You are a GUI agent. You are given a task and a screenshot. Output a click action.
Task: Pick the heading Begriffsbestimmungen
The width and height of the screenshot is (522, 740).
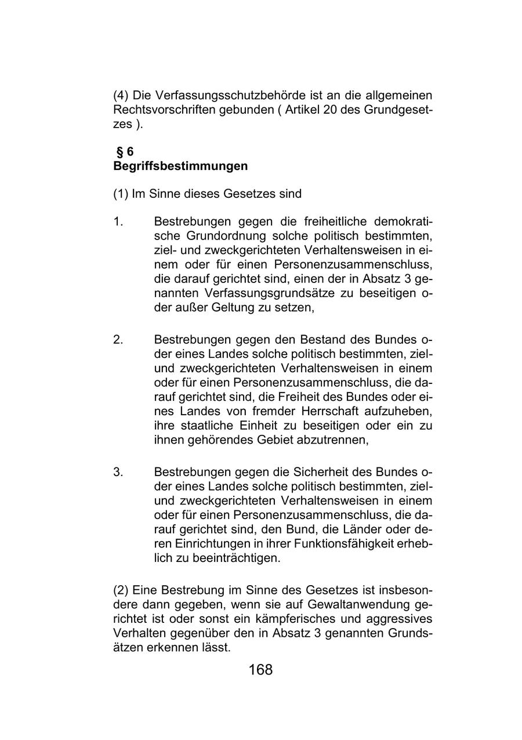[180, 166]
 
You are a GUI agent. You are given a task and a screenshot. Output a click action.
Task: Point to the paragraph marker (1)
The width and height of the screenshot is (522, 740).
[121, 194]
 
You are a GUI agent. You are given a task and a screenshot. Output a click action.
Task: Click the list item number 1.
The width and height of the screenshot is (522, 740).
[118, 222]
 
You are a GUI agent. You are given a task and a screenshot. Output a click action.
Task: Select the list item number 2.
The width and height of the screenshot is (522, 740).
[118, 339]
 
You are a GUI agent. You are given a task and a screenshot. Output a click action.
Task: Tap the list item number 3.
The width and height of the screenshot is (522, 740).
[118, 472]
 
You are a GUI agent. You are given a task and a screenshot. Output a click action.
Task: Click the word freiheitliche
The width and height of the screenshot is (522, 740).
[334, 222]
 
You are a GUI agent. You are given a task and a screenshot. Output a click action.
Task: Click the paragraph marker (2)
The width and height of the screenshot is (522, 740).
[121, 590]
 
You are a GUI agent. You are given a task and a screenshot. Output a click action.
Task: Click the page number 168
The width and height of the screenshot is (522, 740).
[260, 670]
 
